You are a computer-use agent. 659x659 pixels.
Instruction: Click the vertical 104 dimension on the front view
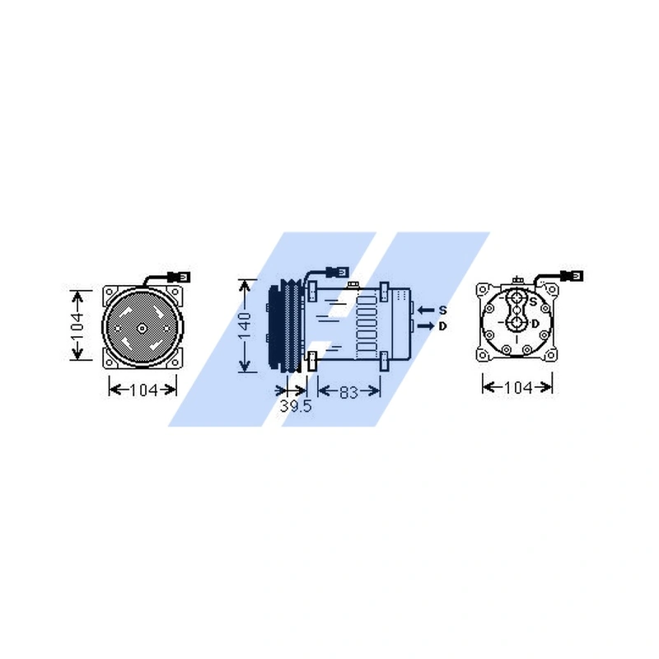(x=77, y=325)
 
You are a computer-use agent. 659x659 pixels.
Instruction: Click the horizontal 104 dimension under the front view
(x=143, y=390)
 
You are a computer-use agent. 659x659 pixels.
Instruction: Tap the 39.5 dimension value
(x=295, y=407)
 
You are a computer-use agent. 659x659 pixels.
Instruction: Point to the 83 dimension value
(x=348, y=392)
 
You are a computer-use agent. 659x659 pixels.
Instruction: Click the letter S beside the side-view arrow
(x=442, y=310)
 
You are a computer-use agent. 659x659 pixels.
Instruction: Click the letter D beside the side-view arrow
(x=442, y=327)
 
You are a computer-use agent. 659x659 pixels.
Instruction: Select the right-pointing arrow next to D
(x=425, y=327)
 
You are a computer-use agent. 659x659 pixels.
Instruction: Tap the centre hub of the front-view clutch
(x=142, y=329)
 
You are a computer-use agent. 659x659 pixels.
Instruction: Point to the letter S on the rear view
(x=533, y=302)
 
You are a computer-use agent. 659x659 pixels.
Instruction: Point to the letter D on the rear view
(x=535, y=323)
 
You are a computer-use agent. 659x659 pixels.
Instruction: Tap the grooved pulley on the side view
(x=283, y=327)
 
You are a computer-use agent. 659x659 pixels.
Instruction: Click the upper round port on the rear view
(x=517, y=299)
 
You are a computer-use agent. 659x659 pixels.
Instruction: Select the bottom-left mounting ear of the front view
(x=108, y=361)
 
